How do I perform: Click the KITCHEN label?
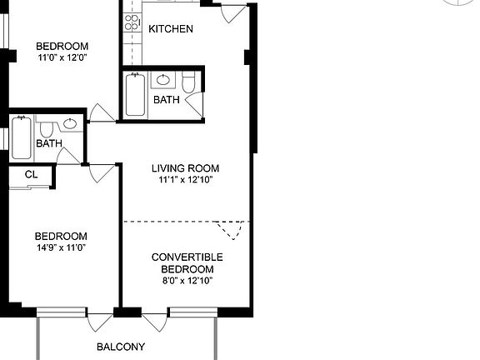(x=170, y=29)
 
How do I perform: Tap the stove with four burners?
(x=132, y=22)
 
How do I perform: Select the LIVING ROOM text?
(x=186, y=168)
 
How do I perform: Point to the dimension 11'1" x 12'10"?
(x=186, y=180)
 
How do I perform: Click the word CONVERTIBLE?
(x=187, y=257)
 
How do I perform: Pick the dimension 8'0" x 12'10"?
(x=187, y=281)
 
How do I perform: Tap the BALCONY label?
(x=121, y=347)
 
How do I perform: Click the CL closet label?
(x=31, y=175)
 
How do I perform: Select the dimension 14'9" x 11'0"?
(x=60, y=247)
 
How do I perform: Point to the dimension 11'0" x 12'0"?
(x=62, y=57)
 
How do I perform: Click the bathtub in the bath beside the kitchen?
(x=134, y=96)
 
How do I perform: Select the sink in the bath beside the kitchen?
(x=163, y=80)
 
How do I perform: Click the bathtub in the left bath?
(x=22, y=137)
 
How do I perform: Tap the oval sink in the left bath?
(x=70, y=125)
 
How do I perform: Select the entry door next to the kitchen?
(x=234, y=14)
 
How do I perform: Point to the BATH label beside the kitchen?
(x=166, y=100)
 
